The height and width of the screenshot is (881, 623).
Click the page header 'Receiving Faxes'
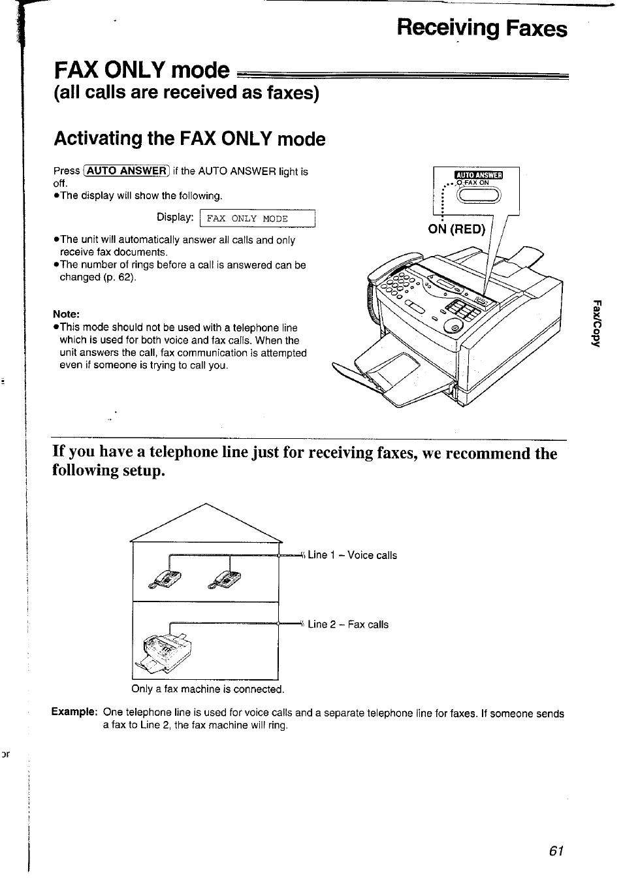tap(482, 29)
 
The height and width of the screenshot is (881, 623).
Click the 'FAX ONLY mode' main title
tap(142, 70)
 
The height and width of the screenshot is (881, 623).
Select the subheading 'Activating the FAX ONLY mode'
tap(189, 138)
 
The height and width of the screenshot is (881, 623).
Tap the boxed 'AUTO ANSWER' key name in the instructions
tap(127, 171)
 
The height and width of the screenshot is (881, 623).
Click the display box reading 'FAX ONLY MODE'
tap(257, 219)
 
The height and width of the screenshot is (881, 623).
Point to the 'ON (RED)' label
tap(456, 229)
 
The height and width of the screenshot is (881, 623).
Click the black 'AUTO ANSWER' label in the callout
tap(479, 174)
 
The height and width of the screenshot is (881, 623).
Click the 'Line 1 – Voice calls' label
tap(352, 555)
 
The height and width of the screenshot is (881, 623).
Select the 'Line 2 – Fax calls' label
tap(347, 624)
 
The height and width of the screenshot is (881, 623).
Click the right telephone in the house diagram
tap(225, 579)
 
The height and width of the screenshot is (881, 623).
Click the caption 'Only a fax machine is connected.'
tap(208, 689)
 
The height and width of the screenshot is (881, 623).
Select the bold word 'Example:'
tap(74, 712)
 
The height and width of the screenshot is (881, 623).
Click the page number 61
tap(556, 850)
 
